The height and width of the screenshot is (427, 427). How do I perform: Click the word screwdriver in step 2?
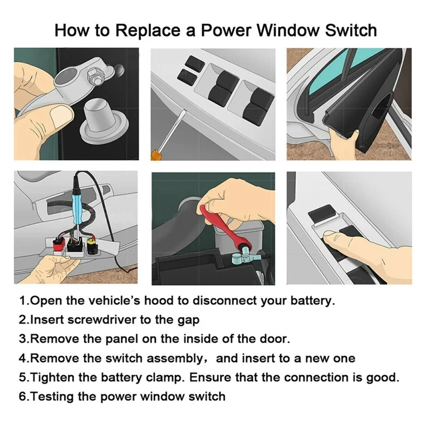[x=111, y=320]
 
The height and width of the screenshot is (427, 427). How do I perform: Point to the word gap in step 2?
[x=188, y=320]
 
